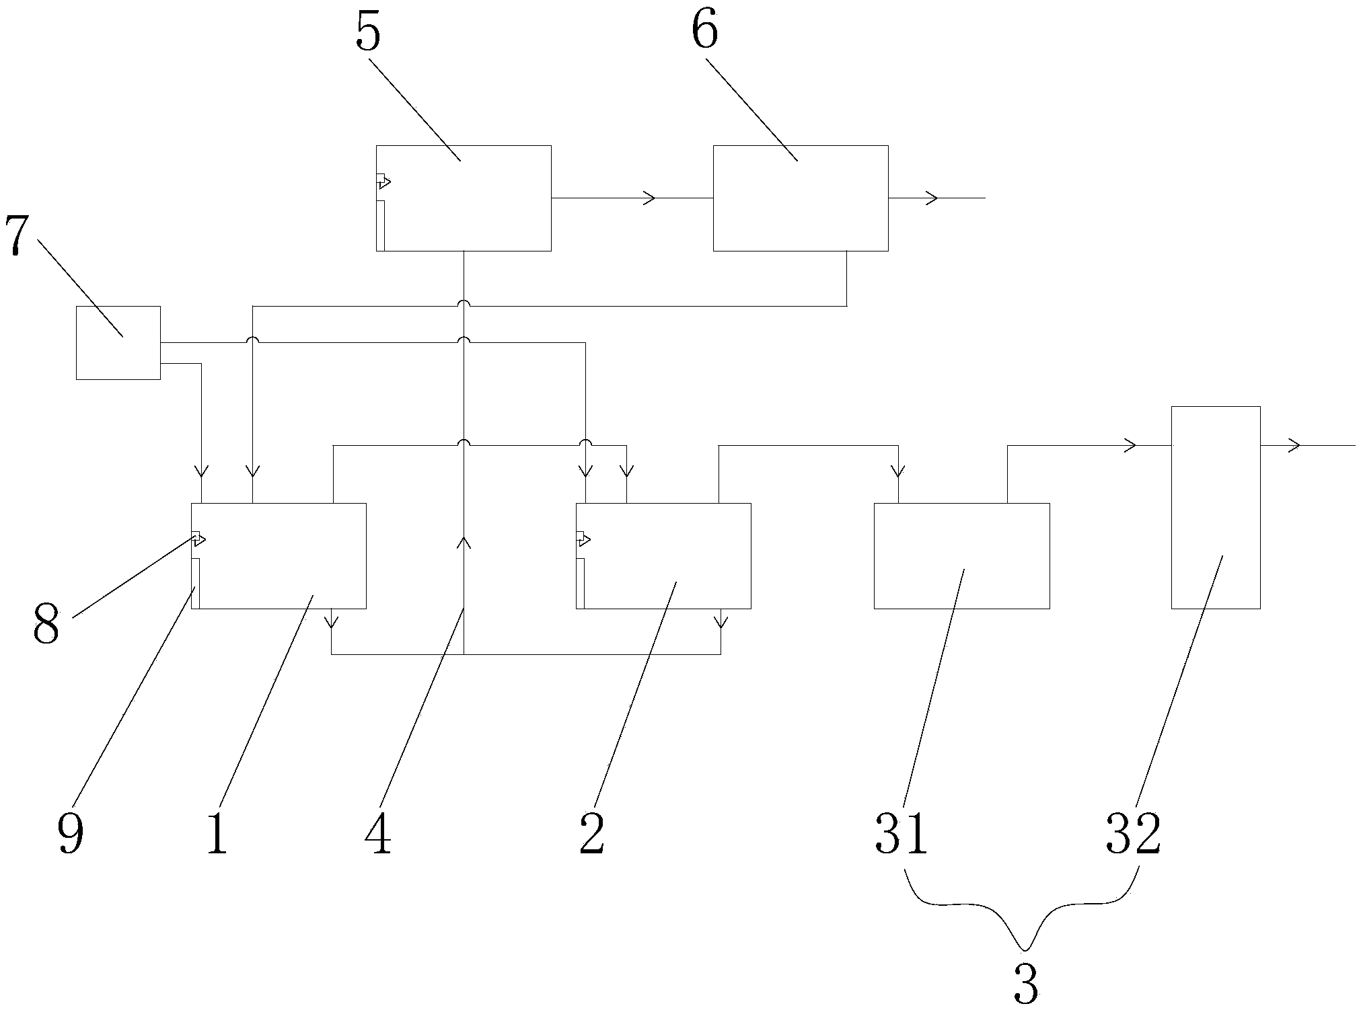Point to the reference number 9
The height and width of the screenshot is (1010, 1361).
pyautogui.click(x=70, y=836)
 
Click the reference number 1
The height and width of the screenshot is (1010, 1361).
pyautogui.click(x=217, y=836)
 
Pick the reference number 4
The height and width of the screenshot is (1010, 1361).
pyautogui.click(x=378, y=836)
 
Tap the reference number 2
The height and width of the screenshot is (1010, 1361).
pyautogui.click(x=591, y=836)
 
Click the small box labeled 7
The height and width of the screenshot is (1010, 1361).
pyautogui.click(x=118, y=343)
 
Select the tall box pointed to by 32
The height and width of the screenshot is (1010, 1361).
pyautogui.click(x=1215, y=507)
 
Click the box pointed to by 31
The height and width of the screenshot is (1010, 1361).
pyautogui.click(x=961, y=555)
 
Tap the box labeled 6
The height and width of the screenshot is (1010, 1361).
pyautogui.click(x=800, y=198)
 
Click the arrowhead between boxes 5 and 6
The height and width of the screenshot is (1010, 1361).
pyautogui.click(x=650, y=198)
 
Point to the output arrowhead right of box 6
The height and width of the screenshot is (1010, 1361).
pyautogui.click(x=932, y=198)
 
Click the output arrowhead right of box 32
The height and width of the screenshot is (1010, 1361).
pyautogui.click(x=1294, y=445)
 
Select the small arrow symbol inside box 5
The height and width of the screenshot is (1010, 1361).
pyautogui.click(x=383, y=181)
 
